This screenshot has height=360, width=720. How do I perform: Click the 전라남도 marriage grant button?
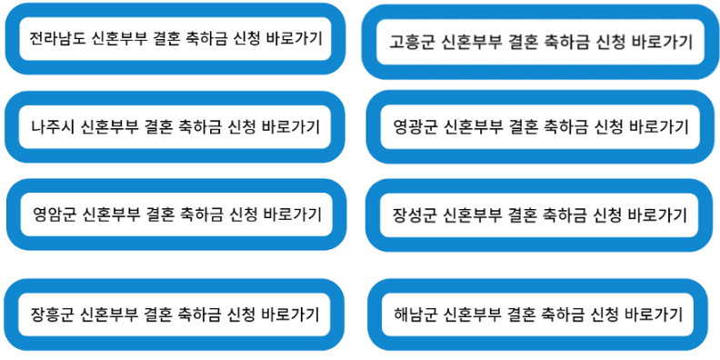175,39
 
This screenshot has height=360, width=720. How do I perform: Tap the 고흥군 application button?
541,42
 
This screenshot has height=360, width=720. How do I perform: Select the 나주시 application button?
175,126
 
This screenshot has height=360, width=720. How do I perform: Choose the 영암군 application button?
176,215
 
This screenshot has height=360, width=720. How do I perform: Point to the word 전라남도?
57,39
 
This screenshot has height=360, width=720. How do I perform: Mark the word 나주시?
52,126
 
